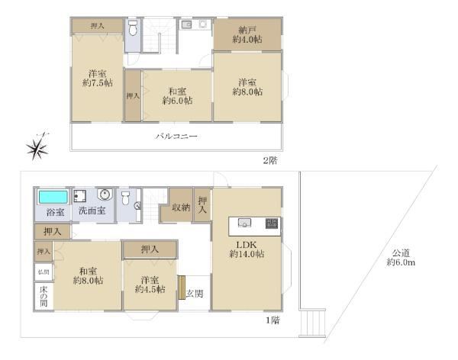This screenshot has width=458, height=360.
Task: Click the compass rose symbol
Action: click(37, 147)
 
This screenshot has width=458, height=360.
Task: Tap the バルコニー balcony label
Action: click(177, 137)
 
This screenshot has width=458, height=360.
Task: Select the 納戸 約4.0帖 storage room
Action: click(247, 35)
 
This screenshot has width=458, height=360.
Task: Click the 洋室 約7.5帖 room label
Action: click(97, 79)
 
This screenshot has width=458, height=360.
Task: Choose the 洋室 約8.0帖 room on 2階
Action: click(247, 86)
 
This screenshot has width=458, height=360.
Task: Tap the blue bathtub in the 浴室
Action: click(52, 196)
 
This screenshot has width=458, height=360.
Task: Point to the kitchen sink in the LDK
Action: click(244, 223)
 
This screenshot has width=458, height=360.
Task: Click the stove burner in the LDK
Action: click(273, 223)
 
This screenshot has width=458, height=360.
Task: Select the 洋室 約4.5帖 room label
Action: click(150, 284)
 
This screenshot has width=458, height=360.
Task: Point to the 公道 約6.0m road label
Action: click(400, 257)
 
